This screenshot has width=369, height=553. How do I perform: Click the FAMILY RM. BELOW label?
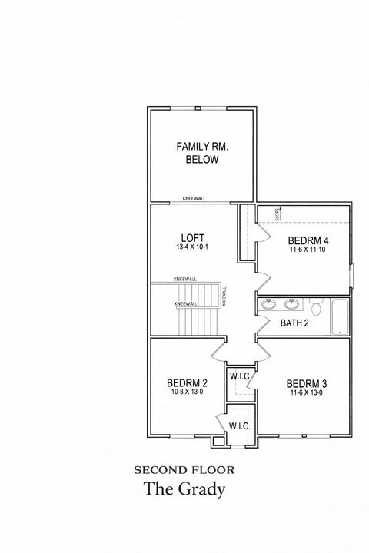[x=202, y=153]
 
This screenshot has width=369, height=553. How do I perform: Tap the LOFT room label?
[x=192, y=237]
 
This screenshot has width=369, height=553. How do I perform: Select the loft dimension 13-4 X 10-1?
[x=192, y=247]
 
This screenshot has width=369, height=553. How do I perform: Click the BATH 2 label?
[x=294, y=323]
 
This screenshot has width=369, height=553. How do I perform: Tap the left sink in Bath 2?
[x=269, y=304]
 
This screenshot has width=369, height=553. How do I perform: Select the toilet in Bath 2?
[x=316, y=306]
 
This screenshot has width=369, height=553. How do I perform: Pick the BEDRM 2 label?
[x=187, y=383]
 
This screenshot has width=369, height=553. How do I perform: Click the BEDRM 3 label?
[x=307, y=383]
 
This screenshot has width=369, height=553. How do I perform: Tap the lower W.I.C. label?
[x=240, y=426]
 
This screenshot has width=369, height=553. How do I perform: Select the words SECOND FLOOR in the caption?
[x=184, y=469]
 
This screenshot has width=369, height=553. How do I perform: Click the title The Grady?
[x=184, y=488]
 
